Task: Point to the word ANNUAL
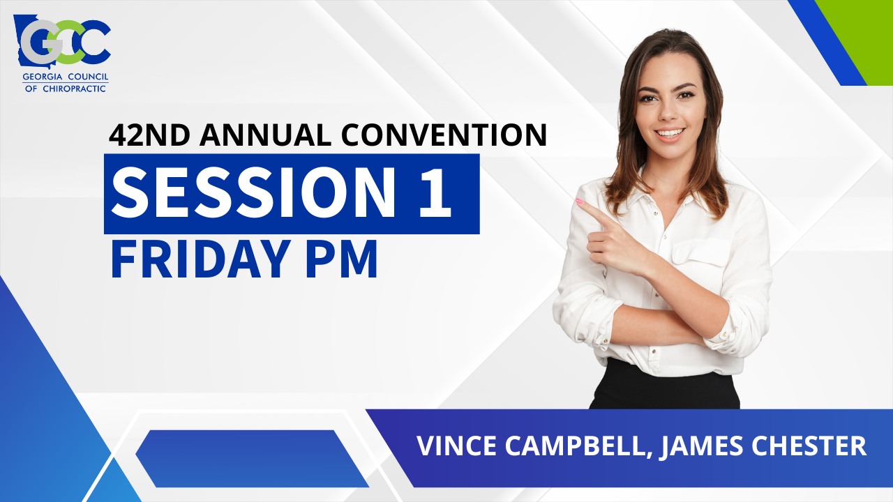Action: pos(265,135)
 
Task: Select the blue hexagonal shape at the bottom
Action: pos(251,458)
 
